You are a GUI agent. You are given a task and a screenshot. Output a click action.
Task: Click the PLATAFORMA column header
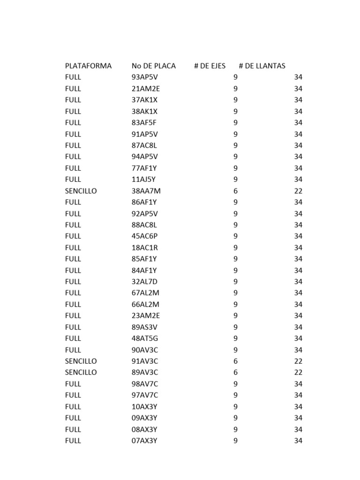88,66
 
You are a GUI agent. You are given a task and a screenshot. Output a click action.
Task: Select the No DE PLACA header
154,66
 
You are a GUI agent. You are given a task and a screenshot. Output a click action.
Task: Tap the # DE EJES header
210,66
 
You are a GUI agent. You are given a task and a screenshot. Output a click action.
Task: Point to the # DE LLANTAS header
262,66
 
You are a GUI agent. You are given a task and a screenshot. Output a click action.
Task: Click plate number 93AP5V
145,77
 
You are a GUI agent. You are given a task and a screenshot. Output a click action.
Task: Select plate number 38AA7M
146,191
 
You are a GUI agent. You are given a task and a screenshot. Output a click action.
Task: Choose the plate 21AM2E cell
146,89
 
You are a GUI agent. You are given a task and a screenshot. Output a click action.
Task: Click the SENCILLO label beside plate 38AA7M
81,191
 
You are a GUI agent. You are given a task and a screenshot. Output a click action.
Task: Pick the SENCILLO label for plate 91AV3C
81,361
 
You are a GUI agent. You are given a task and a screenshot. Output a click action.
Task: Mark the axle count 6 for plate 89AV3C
235,372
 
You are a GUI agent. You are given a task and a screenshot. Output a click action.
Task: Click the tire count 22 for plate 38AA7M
298,191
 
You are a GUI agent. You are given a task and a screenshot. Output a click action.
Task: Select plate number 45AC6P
145,236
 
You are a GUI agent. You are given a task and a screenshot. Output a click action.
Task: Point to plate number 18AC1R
145,247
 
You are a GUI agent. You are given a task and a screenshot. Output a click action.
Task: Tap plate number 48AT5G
145,338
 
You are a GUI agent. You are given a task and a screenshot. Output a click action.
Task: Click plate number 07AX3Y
145,441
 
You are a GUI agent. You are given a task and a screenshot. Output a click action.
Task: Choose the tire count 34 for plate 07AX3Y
298,441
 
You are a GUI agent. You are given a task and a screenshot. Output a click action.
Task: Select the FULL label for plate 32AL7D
73,282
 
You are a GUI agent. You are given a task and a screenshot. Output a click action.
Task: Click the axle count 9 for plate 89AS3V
235,327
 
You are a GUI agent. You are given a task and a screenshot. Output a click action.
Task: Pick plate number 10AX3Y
145,406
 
